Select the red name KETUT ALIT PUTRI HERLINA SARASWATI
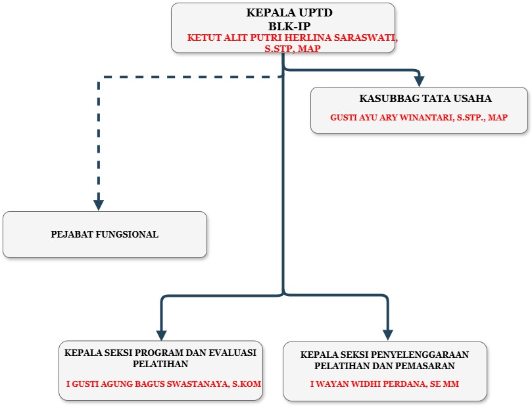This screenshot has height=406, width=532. point(292,38)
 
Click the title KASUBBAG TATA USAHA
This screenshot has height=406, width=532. point(425,99)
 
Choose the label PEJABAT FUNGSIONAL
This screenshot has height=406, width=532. point(105,234)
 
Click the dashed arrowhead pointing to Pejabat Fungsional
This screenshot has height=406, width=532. point(99,203)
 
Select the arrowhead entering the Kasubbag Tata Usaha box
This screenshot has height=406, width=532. point(419,80)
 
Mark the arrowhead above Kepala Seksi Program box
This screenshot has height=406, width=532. point(162,334)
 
